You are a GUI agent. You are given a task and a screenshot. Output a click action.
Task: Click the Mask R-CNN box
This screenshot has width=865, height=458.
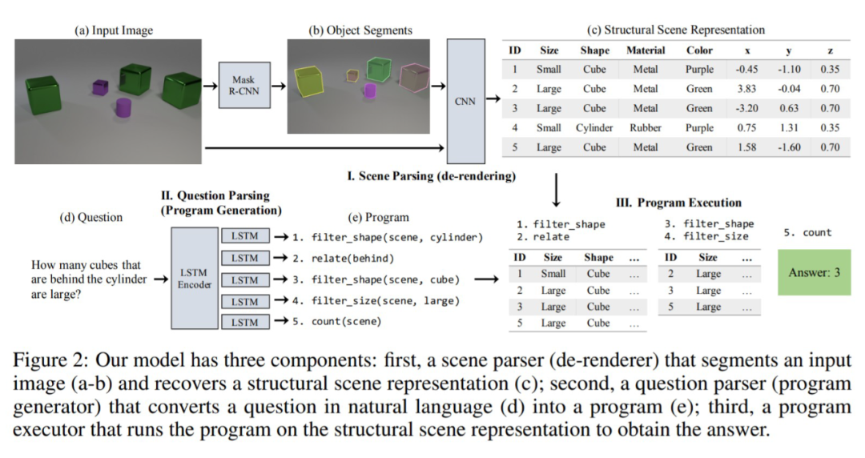(x=243, y=86)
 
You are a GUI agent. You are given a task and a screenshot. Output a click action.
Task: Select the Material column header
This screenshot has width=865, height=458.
(x=646, y=50)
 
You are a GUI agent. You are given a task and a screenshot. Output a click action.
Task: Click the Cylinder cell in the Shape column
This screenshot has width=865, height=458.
(x=594, y=128)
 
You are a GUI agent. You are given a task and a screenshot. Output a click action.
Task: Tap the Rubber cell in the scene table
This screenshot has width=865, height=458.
(x=646, y=128)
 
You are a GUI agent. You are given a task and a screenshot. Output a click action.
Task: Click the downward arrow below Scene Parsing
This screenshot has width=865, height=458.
(x=555, y=194)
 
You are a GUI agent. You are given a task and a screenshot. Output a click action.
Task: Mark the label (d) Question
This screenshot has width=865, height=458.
(x=91, y=217)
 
